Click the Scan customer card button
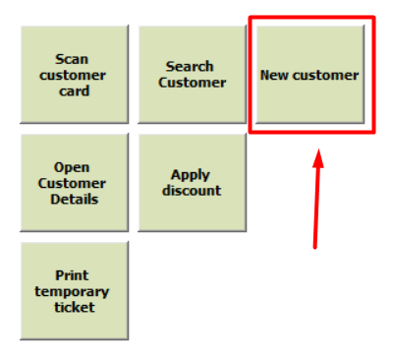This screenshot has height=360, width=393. point(75,75)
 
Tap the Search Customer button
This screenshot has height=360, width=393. point(193,75)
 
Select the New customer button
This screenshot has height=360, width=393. point(310,75)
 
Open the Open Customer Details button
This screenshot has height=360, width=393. point(75,183)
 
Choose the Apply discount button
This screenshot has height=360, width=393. point(193,183)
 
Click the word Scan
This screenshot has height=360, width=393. point(72,59)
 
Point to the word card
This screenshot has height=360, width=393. point(74,90)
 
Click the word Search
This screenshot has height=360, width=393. point(190,67)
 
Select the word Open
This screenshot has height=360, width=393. point(72,168)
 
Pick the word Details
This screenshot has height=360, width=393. point(75,199)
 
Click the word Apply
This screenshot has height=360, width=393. point(191,176)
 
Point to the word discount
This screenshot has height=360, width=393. point(192,191)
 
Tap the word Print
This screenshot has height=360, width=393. point(72,275)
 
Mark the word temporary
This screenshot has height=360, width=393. point(72,292)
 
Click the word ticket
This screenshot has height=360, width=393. point(75,307)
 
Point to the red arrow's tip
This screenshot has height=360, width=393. point(318,150)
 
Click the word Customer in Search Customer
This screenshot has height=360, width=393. point(193,83)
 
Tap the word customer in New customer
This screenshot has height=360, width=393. point(326,76)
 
